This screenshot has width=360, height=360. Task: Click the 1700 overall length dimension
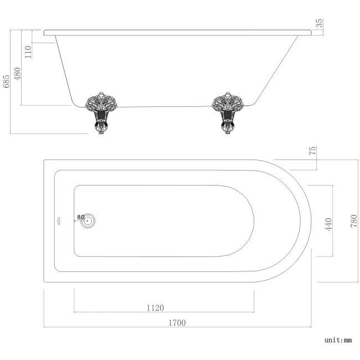(x=177, y=322)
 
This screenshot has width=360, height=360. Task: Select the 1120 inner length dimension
(x=155, y=307)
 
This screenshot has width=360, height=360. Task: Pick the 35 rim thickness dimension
(x=320, y=23)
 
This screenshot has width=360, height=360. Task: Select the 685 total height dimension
(x=6, y=81)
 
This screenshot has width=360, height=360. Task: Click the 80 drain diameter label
(x=80, y=217)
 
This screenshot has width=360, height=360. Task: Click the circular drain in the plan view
(x=88, y=220)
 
